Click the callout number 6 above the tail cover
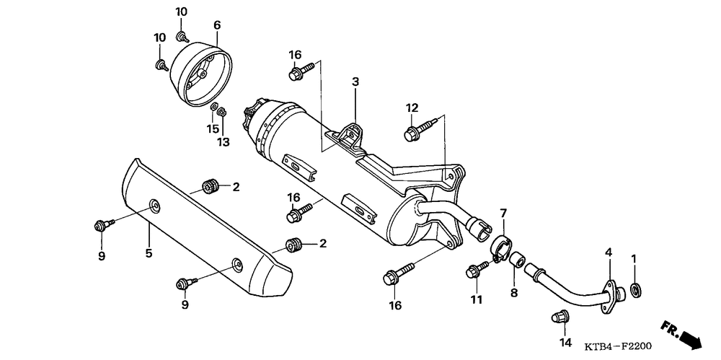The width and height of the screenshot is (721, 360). pyautogui.click(x=216, y=25)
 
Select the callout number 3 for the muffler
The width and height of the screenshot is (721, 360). pyautogui.click(x=355, y=82)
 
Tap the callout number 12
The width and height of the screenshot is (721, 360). pyautogui.click(x=412, y=108)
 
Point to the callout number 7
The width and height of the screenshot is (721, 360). pyautogui.click(x=503, y=213)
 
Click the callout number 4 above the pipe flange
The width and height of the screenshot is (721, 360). pyautogui.click(x=609, y=253)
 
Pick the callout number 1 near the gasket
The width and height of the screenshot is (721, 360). pyautogui.click(x=634, y=258)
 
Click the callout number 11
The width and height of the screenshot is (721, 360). pyautogui.click(x=475, y=299)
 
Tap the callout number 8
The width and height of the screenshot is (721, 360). pyautogui.click(x=514, y=293)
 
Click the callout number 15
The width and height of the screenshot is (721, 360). pyautogui.click(x=212, y=129)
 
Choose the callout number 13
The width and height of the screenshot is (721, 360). pyautogui.click(x=224, y=142)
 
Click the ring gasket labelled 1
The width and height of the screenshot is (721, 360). pyautogui.click(x=636, y=290)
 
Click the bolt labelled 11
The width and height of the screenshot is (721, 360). pyautogui.click(x=475, y=271)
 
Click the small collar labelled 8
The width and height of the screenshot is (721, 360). pyautogui.click(x=518, y=260)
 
